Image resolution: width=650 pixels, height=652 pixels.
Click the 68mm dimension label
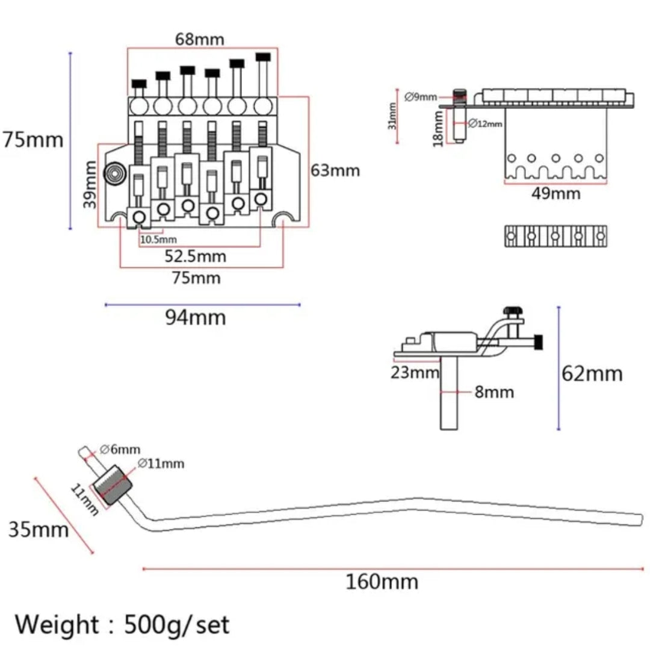(x=199, y=40)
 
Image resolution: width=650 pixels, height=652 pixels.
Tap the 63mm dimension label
(x=335, y=170)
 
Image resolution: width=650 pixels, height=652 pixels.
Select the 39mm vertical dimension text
(x=90, y=184)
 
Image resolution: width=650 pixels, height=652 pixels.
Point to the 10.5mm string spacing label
(x=158, y=239)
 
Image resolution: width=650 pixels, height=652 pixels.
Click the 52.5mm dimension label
(x=196, y=256)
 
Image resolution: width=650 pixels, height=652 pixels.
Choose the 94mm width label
(x=196, y=317)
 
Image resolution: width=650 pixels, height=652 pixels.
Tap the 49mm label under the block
(x=556, y=193)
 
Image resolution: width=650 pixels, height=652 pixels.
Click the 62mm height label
(x=592, y=374)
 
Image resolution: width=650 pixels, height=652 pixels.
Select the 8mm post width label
(x=494, y=393)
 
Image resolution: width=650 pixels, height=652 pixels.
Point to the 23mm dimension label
(x=415, y=373)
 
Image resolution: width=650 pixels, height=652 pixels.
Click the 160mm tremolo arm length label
(x=382, y=582)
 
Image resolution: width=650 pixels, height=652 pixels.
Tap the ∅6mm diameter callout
(x=120, y=449)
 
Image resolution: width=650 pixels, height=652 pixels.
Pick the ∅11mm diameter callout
(x=161, y=464)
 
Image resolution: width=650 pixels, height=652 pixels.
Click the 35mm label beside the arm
(x=39, y=530)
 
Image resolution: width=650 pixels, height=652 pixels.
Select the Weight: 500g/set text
(x=122, y=624)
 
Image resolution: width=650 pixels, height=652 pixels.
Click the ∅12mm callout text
(x=485, y=123)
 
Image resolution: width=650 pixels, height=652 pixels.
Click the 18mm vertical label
(x=439, y=128)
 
